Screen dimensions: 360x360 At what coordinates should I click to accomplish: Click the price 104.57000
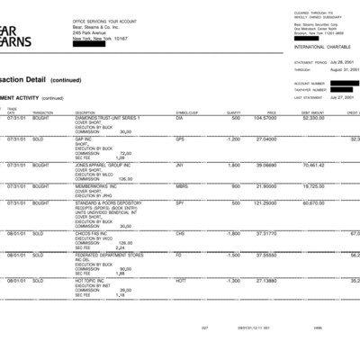[265, 118]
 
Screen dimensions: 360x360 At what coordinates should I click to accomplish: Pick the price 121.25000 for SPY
[265, 203]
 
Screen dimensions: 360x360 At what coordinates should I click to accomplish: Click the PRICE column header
[271, 112]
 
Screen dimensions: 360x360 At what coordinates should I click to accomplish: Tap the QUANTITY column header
[233, 112]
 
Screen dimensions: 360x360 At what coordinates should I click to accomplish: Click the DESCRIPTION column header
[85, 112]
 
